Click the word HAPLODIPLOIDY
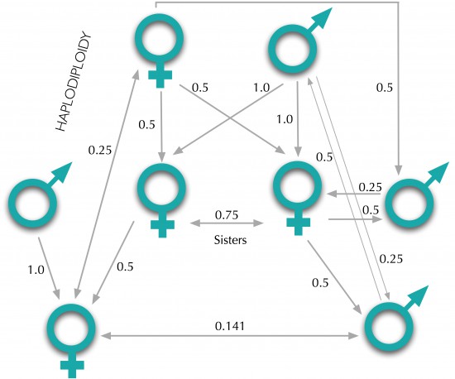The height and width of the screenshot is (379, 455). tap(74, 83)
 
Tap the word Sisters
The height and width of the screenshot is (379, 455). tap(231, 240)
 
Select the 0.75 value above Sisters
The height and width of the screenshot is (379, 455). tap(227, 215)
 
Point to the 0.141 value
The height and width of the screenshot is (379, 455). tap(230, 326)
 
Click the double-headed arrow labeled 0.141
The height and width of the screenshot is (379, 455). tap(229, 336)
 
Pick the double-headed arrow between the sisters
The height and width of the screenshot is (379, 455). tap(227, 223)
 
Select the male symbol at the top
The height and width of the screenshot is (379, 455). tap(300, 41)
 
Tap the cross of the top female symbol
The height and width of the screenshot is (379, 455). tap(160, 75)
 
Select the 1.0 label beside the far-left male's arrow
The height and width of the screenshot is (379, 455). tap(36, 270)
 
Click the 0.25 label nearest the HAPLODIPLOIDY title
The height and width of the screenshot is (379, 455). tap(100, 150)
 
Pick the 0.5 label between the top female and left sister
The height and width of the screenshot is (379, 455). tap(146, 124)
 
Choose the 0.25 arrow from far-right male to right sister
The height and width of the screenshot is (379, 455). tap(353, 194)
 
